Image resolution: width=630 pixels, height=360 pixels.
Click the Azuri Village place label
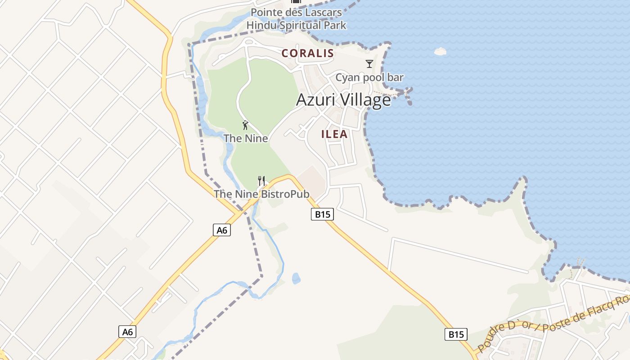click(x=343, y=100)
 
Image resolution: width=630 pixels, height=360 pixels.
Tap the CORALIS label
click(x=308, y=53)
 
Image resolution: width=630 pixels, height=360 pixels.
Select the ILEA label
click(x=334, y=134)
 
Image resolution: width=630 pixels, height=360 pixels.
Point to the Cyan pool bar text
click(x=369, y=77)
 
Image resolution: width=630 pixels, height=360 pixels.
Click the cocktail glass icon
click(x=369, y=64)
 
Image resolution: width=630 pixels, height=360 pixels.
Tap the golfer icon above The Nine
click(x=245, y=125)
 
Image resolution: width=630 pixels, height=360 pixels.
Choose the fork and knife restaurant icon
click(x=261, y=181)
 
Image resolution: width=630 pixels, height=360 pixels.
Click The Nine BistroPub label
click(x=261, y=194)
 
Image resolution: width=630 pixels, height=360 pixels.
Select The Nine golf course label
click(x=246, y=138)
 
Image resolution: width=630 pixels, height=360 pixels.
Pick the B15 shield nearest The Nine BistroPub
click(x=322, y=215)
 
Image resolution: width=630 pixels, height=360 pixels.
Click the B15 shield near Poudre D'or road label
click(x=456, y=334)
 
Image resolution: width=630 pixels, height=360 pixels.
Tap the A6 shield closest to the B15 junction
click(x=222, y=230)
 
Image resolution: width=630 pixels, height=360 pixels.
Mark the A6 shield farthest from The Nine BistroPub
click(x=128, y=332)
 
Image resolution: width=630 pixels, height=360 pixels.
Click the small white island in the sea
click(x=440, y=51)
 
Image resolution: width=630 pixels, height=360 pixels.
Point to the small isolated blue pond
click(x=296, y=279)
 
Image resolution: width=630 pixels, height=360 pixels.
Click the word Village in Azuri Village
click(x=365, y=100)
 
